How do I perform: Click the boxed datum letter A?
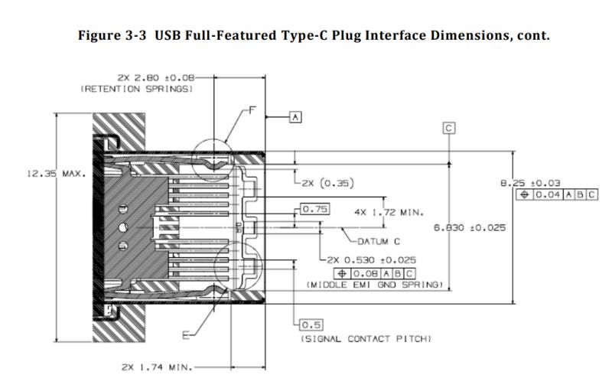pyautogui.click(x=296, y=116)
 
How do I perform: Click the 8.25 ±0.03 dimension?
pyautogui.click(x=529, y=183)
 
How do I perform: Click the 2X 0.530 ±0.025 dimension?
pyautogui.click(x=372, y=260)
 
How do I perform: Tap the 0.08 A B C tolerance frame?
pyautogui.click(x=374, y=272)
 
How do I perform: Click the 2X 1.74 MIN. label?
pyautogui.click(x=158, y=367)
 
